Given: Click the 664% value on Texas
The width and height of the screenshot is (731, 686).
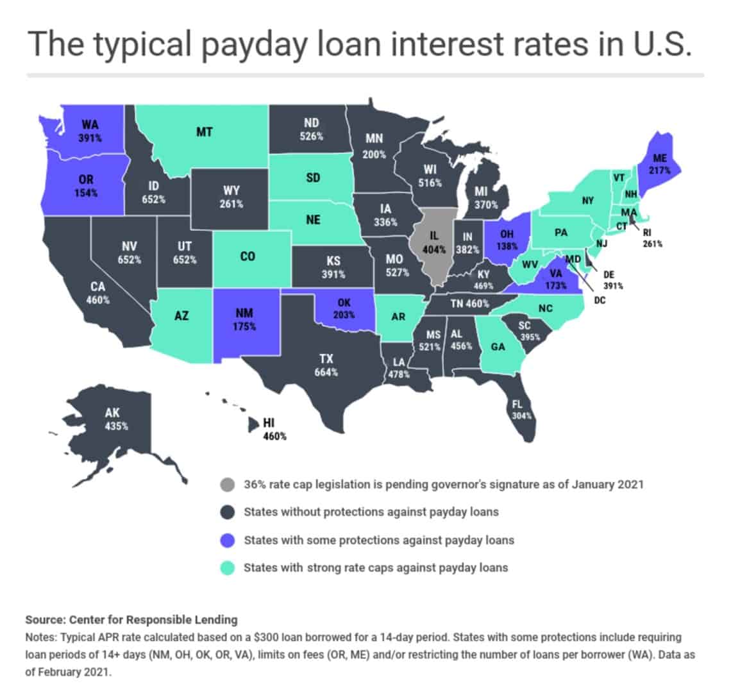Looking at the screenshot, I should (x=326, y=372).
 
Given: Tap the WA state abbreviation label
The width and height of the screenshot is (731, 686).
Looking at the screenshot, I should (x=90, y=124).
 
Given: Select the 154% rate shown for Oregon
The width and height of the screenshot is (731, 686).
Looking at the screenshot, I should (x=85, y=193).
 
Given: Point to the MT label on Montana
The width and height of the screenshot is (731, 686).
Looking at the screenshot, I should (x=204, y=133).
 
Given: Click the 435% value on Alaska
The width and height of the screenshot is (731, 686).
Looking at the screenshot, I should (x=117, y=426).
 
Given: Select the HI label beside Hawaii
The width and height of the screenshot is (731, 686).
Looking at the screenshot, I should (x=269, y=423).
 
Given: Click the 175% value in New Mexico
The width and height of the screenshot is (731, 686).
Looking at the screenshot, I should (x=245, y=326).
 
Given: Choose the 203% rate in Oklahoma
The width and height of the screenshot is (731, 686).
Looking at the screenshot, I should (x=344, y=314).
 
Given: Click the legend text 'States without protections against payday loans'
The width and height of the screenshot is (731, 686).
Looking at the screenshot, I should (x=371, y=512).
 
